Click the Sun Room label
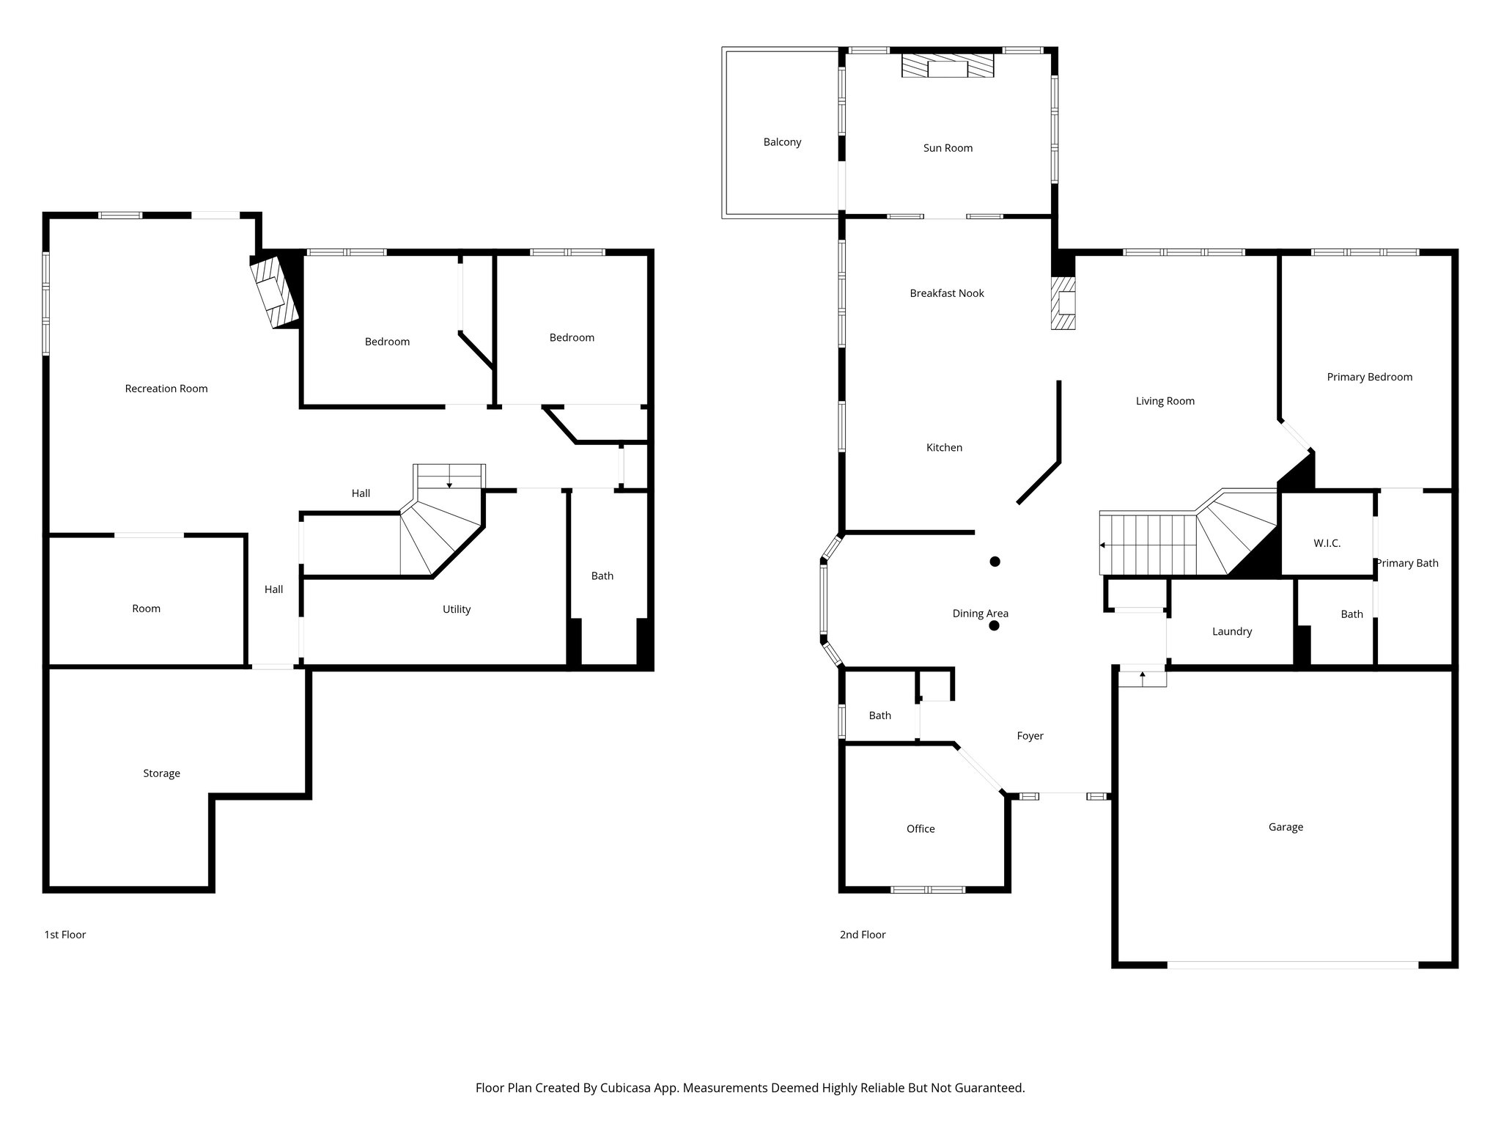[x=948, y=148]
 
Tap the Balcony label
[x=782, y=142]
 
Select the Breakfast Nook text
[x=946, y=293]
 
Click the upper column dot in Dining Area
[x=995, y=562]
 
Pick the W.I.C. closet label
[x=1327, y=544]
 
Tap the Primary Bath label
[x=1406, y=563]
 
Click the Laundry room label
[x=1231, y=631]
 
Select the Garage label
[x=1286, y=827]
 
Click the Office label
[x=921, y=829]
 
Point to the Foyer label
[x=1030, y=736]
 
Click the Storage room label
[x=161, y=773]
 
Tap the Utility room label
[x=456, y=609]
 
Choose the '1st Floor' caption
[x=65, y=935]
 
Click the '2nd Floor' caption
[x=863, y=935]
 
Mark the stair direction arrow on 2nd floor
[x=1103, y=545]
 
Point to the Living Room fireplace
[x=1063, y=303]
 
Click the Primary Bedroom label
[x=1369, y=377]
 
